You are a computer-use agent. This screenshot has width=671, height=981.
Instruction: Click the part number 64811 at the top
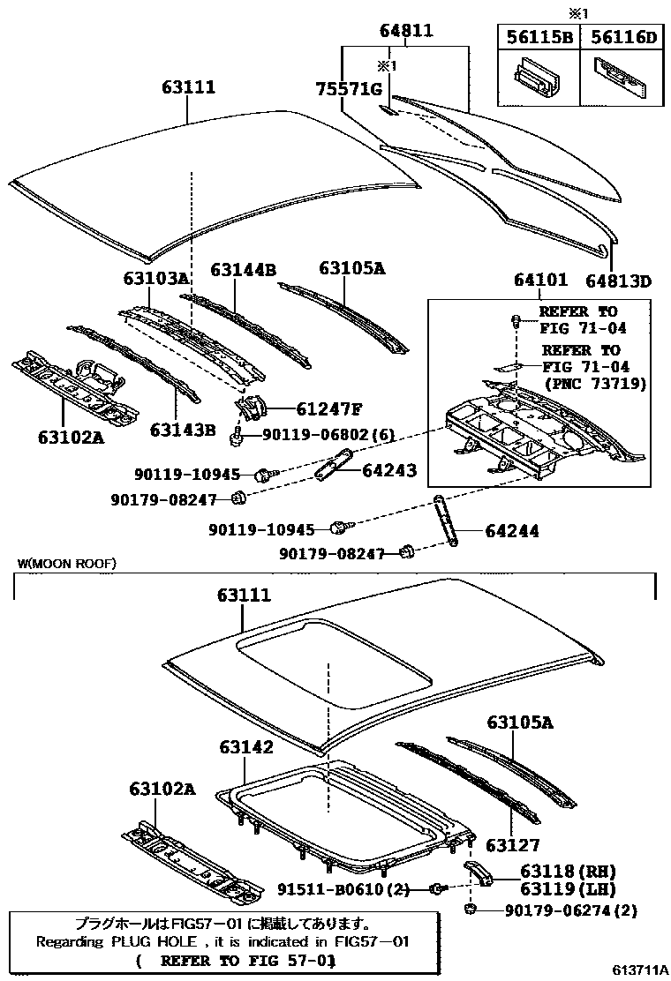pos(406,31)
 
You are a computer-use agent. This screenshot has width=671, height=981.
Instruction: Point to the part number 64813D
pos(618,281)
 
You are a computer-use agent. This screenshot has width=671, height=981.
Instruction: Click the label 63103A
pos(156,279)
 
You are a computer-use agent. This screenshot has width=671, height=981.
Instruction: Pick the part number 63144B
pos(243,269)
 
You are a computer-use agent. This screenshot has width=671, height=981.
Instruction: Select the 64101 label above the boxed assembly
pos(540,281)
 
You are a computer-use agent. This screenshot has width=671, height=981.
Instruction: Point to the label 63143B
pos(183,430)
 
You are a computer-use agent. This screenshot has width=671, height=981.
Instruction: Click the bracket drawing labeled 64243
pos(333,463)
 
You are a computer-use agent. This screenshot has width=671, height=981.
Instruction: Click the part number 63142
pos(246,747)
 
